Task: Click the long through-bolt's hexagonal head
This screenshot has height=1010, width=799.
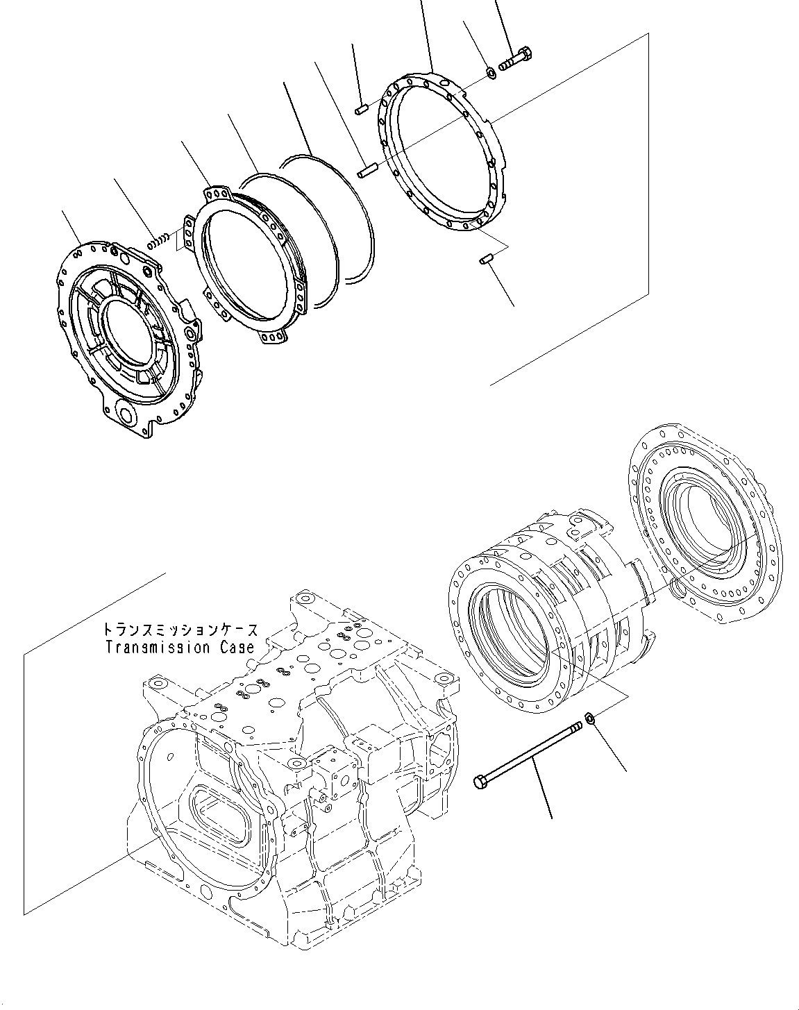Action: coord(480,782)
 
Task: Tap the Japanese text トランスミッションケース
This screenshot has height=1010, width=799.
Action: coord(180,630)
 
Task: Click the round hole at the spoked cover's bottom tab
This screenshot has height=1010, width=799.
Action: coord(127,416)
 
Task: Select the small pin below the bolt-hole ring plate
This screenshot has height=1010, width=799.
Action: coord(486,260)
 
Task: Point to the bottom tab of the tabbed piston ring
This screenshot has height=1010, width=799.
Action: coord(272,337)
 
